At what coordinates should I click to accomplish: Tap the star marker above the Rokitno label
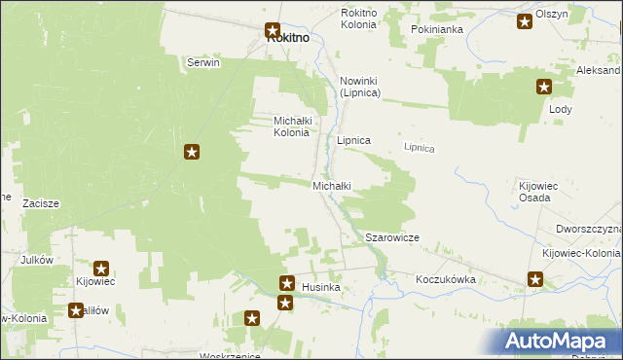coord(274,30)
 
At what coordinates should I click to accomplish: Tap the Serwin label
coord(203,62)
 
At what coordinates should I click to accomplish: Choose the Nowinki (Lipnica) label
coord(359,86)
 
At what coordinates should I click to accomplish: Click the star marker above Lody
coord(543,87)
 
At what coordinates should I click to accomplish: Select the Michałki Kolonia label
coord(291,126)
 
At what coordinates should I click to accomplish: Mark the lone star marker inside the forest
coord(193,152)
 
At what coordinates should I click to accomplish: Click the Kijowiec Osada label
coord(534,191)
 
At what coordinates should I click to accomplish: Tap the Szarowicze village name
coord(391,237)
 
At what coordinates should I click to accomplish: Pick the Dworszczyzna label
coord(588,229)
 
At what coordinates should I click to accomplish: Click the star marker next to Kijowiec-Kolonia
coord(536,280)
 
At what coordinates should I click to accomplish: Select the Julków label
coord(36,261)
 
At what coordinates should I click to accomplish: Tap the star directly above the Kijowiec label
coord(100,268)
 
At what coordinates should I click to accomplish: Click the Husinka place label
coord(320,288)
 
